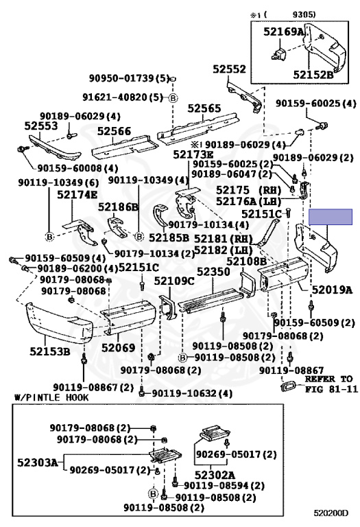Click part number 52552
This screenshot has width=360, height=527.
pos(229,69)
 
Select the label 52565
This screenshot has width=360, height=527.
pos(204,108)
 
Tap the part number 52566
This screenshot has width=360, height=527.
pos(114,131)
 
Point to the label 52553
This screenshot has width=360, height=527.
pos(41,126)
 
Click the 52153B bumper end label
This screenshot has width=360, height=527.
pos(49,351)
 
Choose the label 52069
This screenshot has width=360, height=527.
pos(118,347)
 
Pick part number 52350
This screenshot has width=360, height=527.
pos(213,272)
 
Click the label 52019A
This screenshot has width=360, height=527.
pos(332,290)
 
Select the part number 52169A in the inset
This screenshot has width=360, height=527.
pos(283,32)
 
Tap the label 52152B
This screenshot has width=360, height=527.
pos(313,74)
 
